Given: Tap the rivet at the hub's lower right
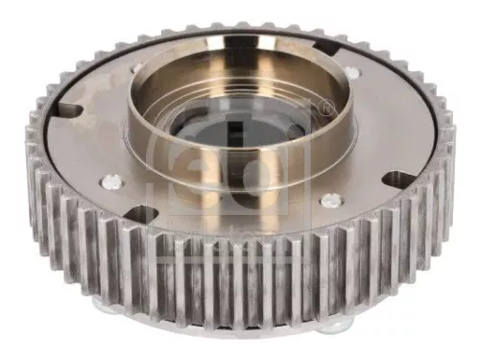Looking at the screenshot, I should (x=330, y=201).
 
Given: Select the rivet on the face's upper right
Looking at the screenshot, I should (x=351, y=73).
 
